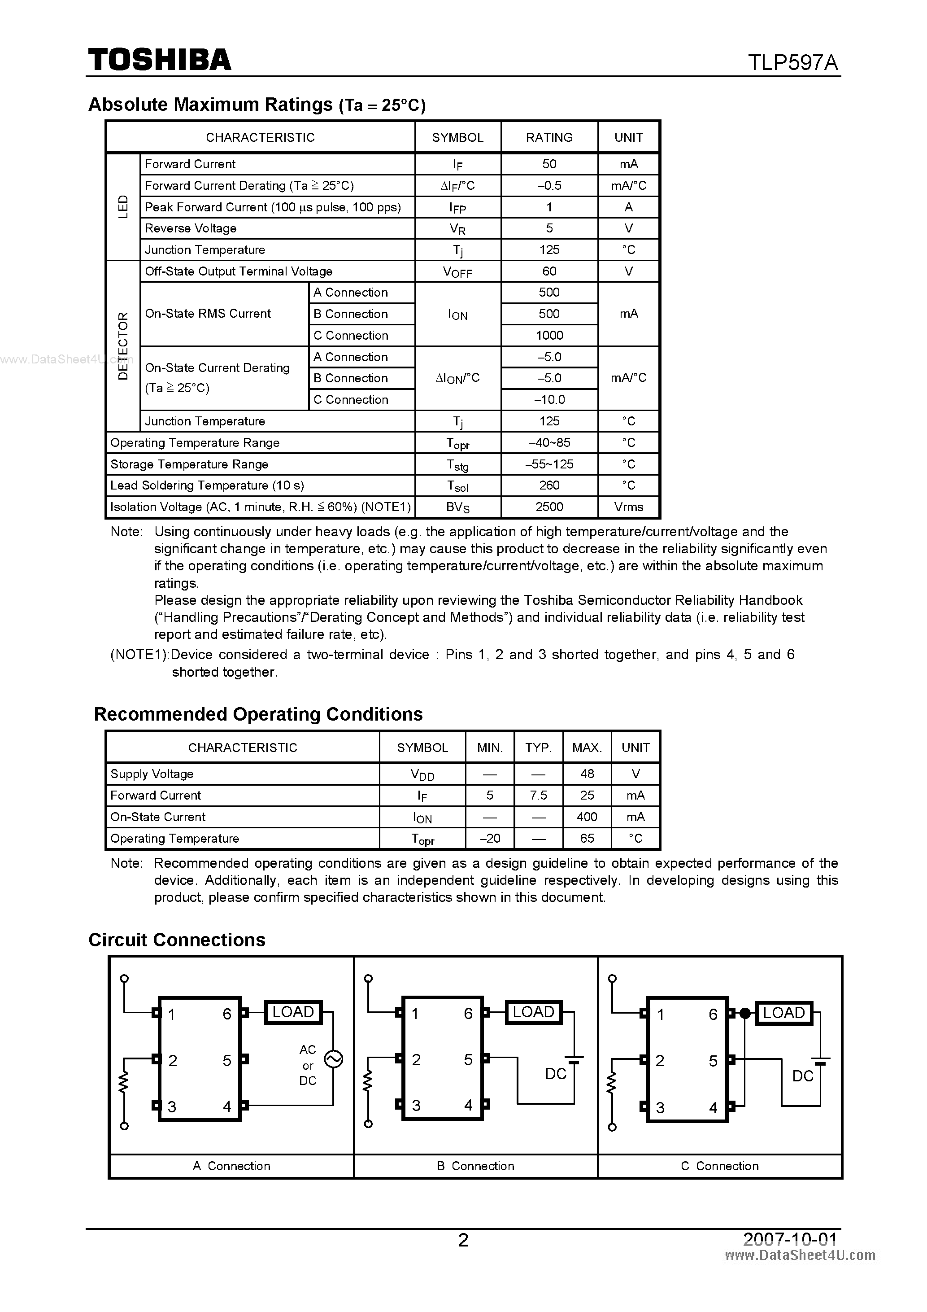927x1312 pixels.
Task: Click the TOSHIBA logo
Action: pos(159,59)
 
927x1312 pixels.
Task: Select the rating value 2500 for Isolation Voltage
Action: pos(549,507)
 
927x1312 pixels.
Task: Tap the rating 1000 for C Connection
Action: pos(549,336)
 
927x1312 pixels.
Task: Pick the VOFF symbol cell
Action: pos(457,272)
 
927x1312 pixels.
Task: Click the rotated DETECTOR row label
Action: pos(123,345)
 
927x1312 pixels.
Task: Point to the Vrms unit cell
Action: pos(628,507)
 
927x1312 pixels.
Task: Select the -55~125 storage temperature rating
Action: pos(549,464)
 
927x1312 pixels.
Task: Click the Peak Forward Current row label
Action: pos(272,207)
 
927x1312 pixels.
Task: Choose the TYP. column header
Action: pos(538,748)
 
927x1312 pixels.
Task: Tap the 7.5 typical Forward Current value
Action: pos(538,796)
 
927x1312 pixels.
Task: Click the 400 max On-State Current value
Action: pos(587,817)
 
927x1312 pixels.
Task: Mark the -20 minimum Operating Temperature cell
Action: pos(489,838)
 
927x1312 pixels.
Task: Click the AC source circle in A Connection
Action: pos(333,1059)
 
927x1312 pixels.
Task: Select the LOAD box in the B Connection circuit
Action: pos(534,1012)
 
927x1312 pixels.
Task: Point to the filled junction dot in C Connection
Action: pos(745,1014)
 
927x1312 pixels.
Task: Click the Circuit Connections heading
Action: pos(177,940)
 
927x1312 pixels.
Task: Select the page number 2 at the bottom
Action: pos(463,1240)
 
